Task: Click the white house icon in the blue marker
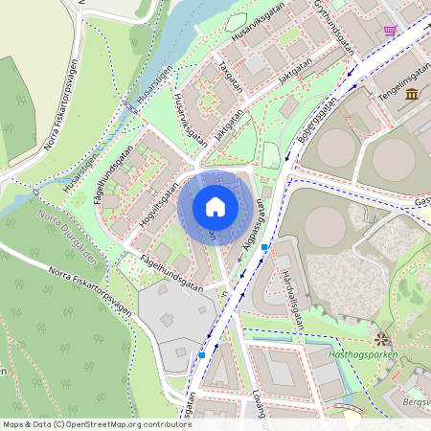(x=215, y=207)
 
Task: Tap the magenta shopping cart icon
(x=390, y=31)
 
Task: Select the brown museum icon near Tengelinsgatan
(x=412, y=94)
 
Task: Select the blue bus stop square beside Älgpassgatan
(x=264, y=247)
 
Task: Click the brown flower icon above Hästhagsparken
(x=382, y=339)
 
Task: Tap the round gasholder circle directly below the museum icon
(x=395, y=159)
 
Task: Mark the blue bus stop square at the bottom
(x=202, y=354)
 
